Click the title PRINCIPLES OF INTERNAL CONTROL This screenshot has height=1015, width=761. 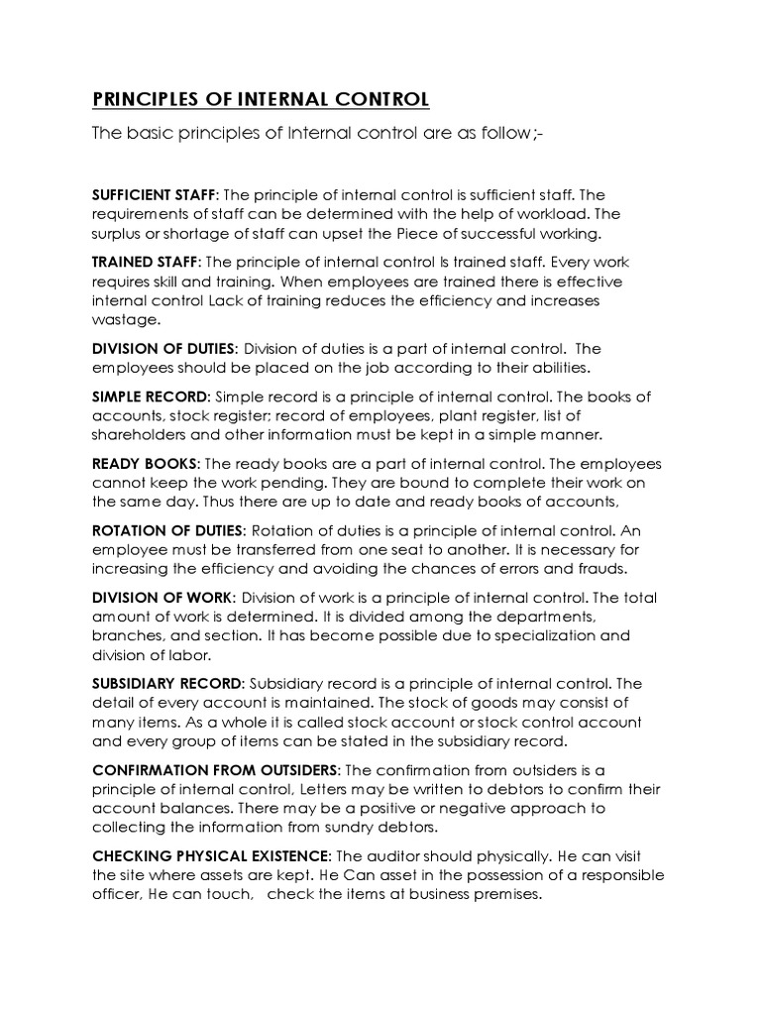pos(260,99)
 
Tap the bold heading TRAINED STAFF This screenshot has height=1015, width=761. pos(145,262)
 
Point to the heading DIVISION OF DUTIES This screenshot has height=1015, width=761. pos(163,349)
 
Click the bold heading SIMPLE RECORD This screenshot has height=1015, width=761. pos(151,396)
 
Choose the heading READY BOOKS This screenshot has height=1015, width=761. pos(145,464)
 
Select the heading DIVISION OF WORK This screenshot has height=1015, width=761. pos(163,599)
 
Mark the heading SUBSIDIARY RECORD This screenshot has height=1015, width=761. pos(166,684)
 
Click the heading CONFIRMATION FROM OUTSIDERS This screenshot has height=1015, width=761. pos(215,770)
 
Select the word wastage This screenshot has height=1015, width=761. pos(123,320)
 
